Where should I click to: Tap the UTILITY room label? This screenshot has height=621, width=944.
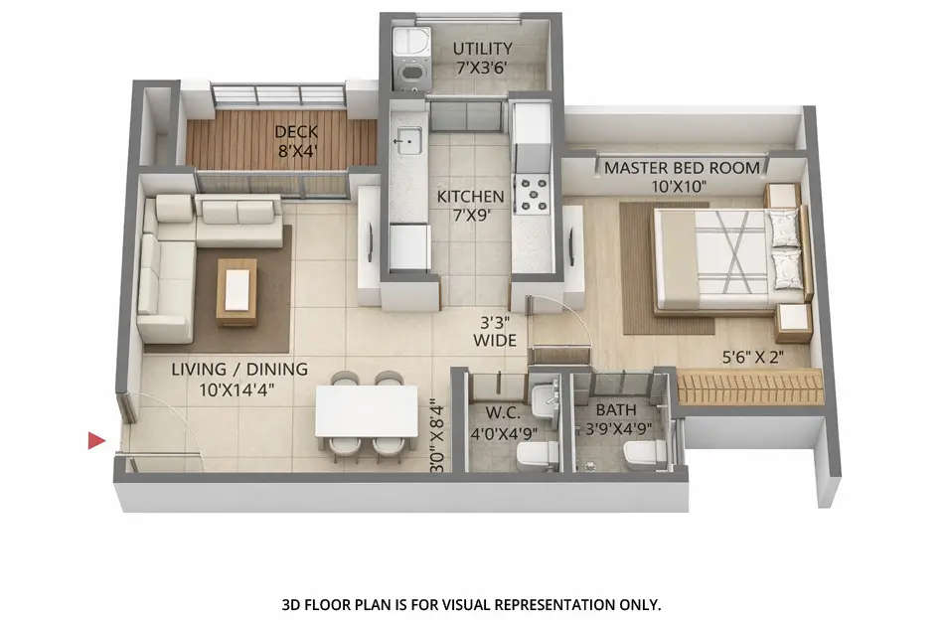pyautogui.click(x=483, y=59)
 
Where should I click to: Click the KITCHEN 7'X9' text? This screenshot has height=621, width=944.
pyautogui.click(x=471, y=206)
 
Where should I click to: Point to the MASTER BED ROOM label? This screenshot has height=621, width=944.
pyautogui.click(x=682, y=177)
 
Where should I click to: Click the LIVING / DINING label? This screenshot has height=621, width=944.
pyautogui.click(x=238, y=379)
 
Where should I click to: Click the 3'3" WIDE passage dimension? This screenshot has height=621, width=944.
pyautogui.click(x=494, y=331)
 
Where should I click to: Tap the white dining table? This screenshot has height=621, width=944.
pyautogui.click(x=367, y=410)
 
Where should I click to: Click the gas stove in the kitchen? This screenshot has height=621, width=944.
pyautogui.click(x=534, y=194)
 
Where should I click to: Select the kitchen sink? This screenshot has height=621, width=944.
pyautogui.click(x=406, y=143)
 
